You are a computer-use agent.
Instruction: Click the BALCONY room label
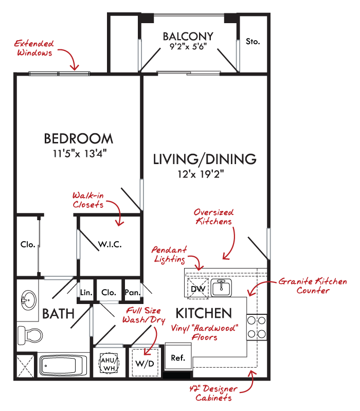188,37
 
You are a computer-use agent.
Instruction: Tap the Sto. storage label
252,42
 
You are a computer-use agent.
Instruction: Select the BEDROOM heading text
78,138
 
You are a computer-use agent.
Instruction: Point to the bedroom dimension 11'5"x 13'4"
78,153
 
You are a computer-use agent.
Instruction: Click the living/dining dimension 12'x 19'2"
204,174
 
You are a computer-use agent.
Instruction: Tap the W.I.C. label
111,244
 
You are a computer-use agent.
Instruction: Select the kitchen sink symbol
223,287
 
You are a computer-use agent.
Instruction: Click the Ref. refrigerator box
178,358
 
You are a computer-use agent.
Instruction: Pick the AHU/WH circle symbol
109,362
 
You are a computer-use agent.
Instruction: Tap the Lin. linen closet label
85,293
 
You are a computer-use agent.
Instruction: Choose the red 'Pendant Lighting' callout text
169,254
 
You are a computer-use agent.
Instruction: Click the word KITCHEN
204,313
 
